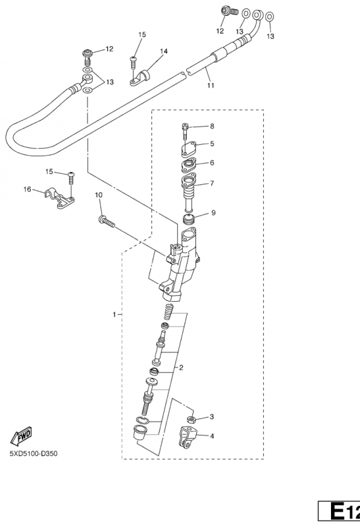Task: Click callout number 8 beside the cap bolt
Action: point(212,126)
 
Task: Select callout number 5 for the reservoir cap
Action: point(212,144)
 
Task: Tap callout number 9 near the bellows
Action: point(213,213)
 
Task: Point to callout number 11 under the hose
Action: point(211,86)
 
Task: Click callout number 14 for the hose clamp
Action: point(163,51)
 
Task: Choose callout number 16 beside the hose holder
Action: point(27,190)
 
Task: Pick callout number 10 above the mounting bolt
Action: point(99,195)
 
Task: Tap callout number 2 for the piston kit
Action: point(181,368)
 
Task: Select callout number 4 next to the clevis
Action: point(212,436)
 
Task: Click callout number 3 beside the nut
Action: point(211,417)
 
